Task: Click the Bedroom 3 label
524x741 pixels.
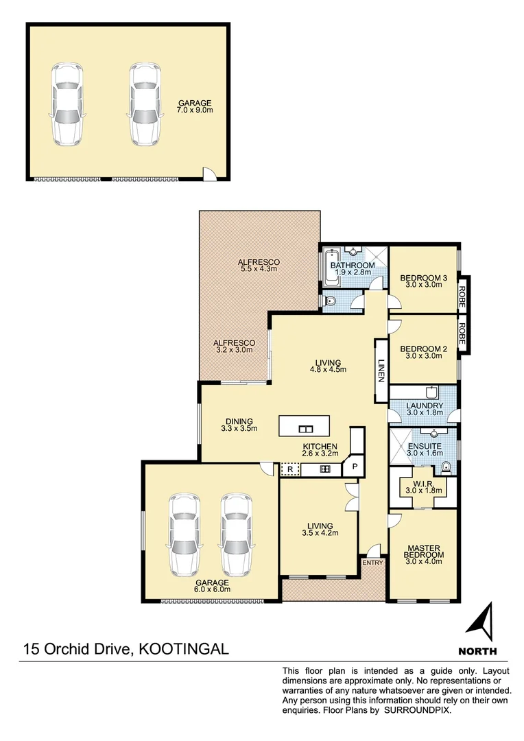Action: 423,278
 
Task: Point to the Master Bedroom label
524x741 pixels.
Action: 423,550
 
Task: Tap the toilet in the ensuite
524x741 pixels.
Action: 446,467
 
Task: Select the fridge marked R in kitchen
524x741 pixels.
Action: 290,470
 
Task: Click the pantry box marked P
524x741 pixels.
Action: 355,467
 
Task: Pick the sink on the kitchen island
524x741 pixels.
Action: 305,430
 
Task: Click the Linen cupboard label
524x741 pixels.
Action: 381,370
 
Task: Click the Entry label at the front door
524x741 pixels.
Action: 373,563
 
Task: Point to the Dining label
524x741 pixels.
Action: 239,421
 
